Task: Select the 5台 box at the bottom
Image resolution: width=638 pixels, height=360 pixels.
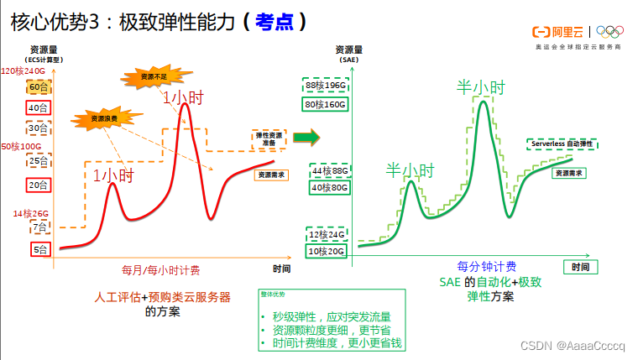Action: [x=40, y=249]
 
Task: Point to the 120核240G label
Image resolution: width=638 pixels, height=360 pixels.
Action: [x=24, y=71]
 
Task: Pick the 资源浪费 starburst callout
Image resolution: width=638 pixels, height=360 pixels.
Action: [x=99, y=120]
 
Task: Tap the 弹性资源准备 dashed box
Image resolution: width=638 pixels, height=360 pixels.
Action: [x=269, y=139]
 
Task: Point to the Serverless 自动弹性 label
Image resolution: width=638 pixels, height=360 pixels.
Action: [x=562, y=144]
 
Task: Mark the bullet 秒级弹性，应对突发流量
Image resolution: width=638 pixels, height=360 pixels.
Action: [x=332, y=317]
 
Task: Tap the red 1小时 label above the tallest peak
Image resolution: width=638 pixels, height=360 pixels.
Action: [x=182, y=98]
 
